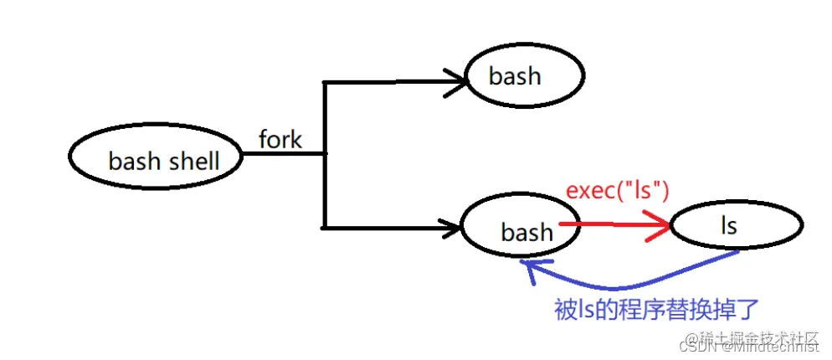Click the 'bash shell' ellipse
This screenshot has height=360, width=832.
coord(157,157)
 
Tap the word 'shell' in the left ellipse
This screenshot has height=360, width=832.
coord(195,161)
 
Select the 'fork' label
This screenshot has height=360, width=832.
coord(280,140)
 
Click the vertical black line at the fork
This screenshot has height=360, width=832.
coord(325,154)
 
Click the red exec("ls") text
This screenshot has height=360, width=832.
coord(618,191)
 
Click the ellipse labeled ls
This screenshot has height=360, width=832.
coord(737,224)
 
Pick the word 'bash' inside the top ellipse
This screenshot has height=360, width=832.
coord(515,76)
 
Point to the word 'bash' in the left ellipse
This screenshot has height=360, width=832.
coord(136,161)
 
